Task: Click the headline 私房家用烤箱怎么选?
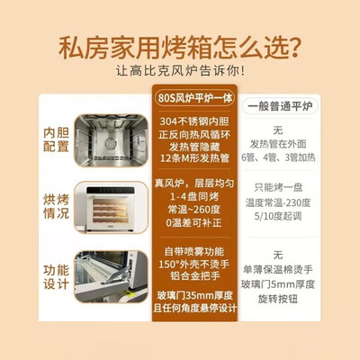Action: [x=180, y=47]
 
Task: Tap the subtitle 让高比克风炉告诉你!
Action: [x=180, y=72]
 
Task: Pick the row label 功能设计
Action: [x=56, y=275]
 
